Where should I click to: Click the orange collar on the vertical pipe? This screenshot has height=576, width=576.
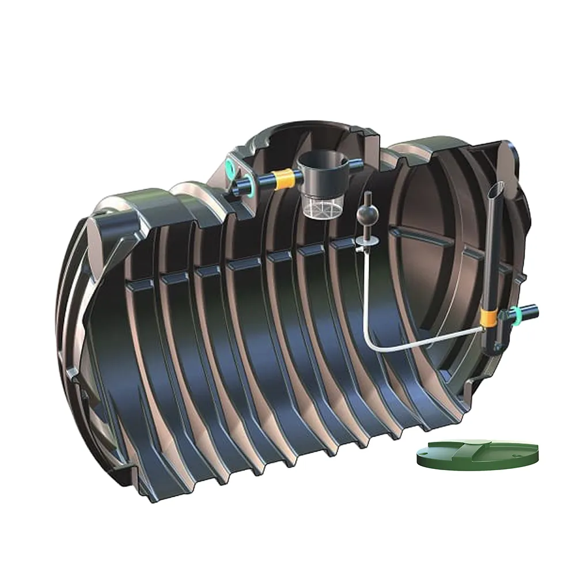coord(490,315)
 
